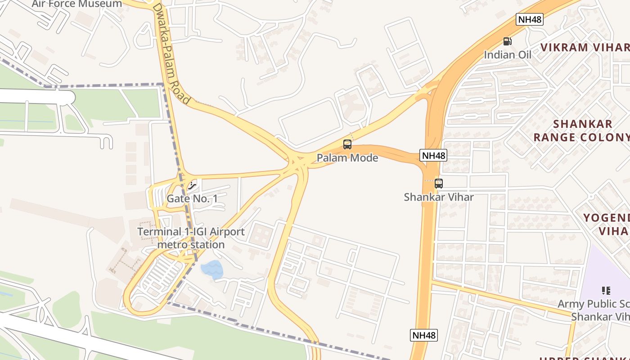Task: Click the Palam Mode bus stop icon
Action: click(x=347, y=144)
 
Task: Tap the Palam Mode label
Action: click(x=347, y=158)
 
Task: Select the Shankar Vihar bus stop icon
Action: click(x=439, y=184)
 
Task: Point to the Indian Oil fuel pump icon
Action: click(x=508, y=41)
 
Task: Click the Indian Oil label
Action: click(x=508, y=55)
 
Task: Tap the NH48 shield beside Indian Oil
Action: click(x=530, y=19)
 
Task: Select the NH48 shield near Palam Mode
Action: click(x=434, y=155)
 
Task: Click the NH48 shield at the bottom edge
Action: click(x=424, y=335)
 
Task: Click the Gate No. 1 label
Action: click(x=192, y=198)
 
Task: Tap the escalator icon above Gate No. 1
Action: click(x=193, y=185)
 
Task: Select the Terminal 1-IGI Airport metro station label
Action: click(x=191, y=238)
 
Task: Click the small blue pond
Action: click(x=211, y=269)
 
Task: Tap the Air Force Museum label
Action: click(x=76, y=4)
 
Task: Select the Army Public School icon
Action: click(x=606, y=291)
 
